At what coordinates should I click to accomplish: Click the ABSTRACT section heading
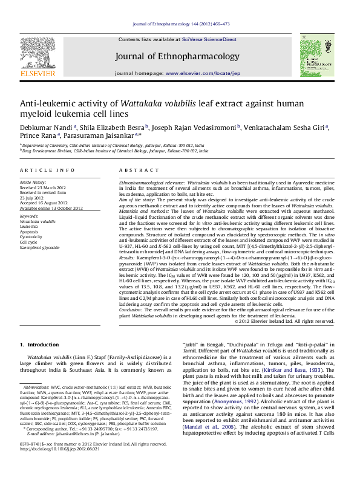coord(134,171)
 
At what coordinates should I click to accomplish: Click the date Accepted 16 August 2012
coord(45,203)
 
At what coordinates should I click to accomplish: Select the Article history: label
coord(33,181)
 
